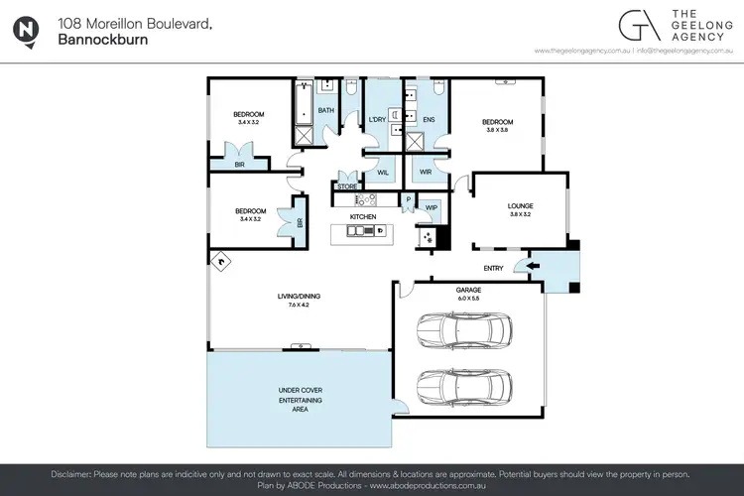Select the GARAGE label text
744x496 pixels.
click(468, 290)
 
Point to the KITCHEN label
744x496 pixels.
click(362, 216)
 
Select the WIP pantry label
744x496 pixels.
click(432, 207)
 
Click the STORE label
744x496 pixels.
click(346, 186)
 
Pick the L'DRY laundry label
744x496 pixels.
click(377, 120)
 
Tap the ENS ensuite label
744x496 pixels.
click(429, 120)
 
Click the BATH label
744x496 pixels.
click(325, 110)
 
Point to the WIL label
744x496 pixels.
click(383, 173)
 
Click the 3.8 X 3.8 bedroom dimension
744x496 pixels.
click(499, 130)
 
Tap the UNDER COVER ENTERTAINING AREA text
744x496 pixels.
click(300, 399)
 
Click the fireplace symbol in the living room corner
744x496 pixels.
click(220, 262)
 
